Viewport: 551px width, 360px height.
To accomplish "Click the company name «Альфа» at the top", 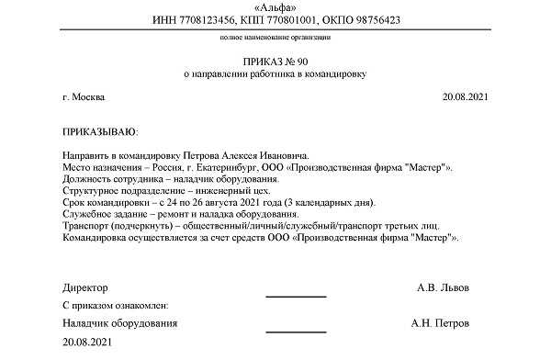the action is (275, 6).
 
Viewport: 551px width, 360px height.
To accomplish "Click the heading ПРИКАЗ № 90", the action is (275, 59).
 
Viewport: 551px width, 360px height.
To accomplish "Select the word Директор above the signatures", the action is (85, 287).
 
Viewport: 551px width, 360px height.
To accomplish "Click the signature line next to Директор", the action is (296, 296).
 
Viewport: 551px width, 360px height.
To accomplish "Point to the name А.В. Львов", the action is (443, 287).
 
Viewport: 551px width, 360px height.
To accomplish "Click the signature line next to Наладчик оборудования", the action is (296, 331).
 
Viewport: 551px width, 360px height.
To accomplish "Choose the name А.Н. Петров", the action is (443, 324).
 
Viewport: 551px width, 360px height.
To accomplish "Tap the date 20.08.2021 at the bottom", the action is (90, 343).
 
